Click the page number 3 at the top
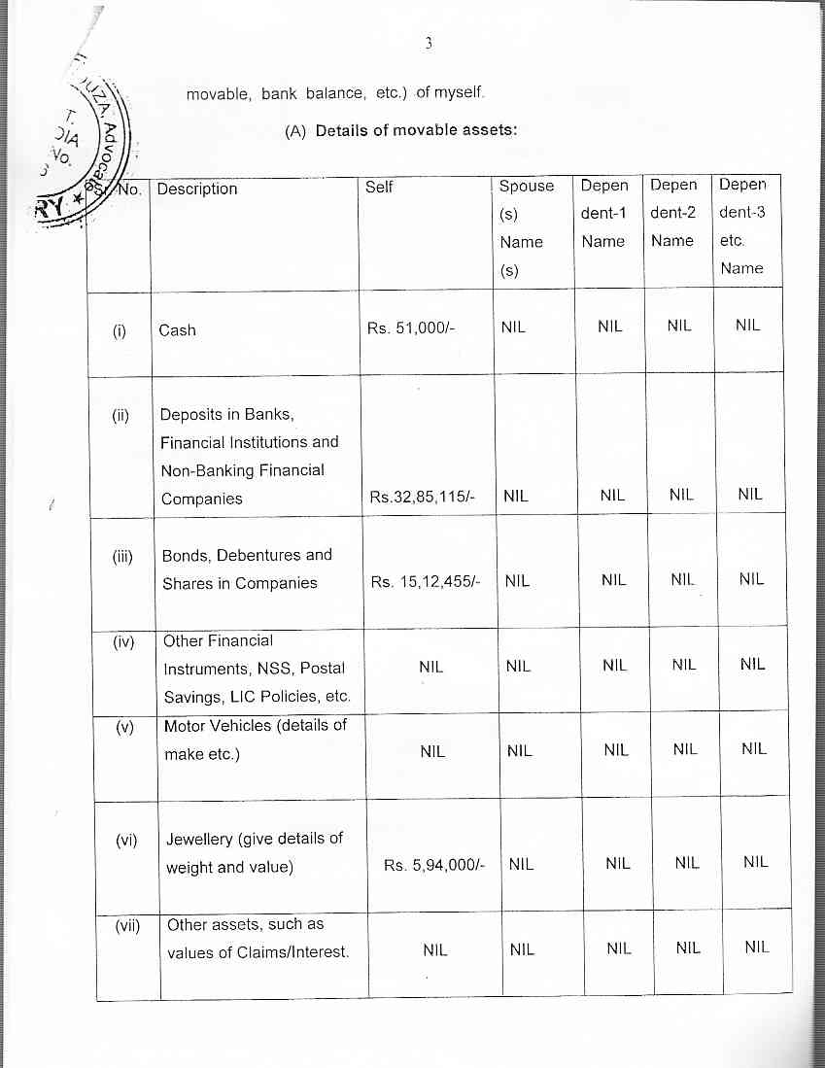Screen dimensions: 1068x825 click(427, 44)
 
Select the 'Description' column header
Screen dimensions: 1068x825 click(197, 189)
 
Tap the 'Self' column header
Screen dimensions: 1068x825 click(379, 187)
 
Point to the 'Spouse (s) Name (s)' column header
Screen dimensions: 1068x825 click(526, 227)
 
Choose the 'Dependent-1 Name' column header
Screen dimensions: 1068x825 click(603, 213)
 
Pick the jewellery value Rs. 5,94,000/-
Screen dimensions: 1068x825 click(434, 864)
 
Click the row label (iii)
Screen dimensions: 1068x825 click(120, 556)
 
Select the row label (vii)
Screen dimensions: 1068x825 click(126, 926)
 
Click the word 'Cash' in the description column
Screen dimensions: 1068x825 click(178, 330)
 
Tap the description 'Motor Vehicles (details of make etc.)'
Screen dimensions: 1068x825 click(255, 740)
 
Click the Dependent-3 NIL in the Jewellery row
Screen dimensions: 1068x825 click(755, 862)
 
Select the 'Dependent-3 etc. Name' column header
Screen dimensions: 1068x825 click(743, 225)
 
